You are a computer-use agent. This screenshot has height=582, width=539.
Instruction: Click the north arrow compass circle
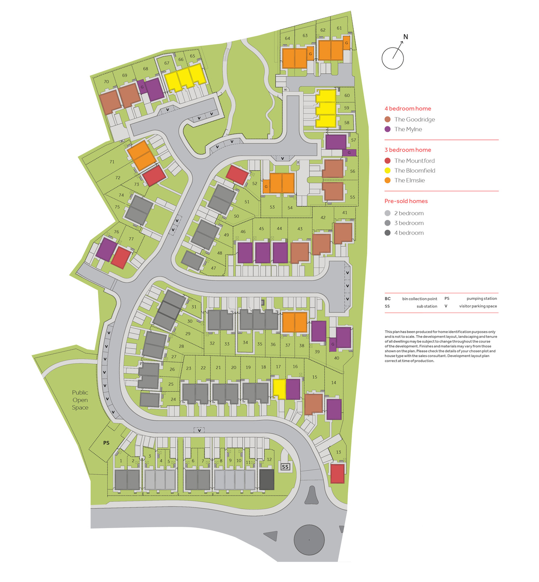[392, 58]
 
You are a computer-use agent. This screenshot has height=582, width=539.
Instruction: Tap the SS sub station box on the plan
[285, 467]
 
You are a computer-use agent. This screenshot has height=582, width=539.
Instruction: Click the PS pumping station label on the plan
[106, 443]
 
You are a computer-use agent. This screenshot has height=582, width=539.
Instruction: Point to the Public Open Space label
[80, 400]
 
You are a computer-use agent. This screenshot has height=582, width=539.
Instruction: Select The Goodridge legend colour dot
[387, 119]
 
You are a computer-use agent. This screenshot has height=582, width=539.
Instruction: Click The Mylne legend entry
[408, 129]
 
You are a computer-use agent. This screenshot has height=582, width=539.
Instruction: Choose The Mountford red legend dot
[387, 160]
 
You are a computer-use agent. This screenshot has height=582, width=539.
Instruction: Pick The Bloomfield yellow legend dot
[387, 171]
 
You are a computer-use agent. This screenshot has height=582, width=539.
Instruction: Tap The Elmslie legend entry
[409, 180]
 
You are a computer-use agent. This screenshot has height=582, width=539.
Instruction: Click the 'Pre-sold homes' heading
[406, 201]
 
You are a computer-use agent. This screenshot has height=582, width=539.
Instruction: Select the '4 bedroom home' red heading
[408, 108]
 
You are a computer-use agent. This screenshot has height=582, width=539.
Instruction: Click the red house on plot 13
[337, 473]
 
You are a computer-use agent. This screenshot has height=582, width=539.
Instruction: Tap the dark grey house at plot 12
[267, 479]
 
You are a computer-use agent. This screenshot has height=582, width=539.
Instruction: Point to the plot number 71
[112, 162]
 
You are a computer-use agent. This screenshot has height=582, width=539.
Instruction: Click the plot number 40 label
[336, 358]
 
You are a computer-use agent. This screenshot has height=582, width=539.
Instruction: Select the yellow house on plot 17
[279, 388]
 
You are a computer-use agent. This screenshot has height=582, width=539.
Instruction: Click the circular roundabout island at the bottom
[309, 539]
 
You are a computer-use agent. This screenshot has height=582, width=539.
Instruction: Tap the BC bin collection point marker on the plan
[286, 90]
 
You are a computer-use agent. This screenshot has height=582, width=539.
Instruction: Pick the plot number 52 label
[255, 184]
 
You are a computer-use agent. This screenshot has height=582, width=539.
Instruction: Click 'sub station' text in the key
[427, 306]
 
